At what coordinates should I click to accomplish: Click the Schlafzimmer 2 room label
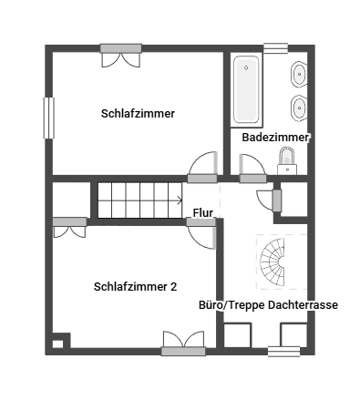135,286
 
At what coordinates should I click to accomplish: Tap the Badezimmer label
276,138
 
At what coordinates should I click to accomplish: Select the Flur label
203,213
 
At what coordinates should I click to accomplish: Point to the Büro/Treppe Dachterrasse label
269,306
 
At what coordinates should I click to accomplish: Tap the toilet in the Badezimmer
287,161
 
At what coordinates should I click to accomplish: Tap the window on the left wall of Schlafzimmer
49,118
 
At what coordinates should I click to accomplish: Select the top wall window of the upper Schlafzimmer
120,48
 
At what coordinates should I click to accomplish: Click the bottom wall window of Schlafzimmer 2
183,350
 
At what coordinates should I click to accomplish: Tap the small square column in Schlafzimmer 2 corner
58,343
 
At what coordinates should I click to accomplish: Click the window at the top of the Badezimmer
275,48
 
